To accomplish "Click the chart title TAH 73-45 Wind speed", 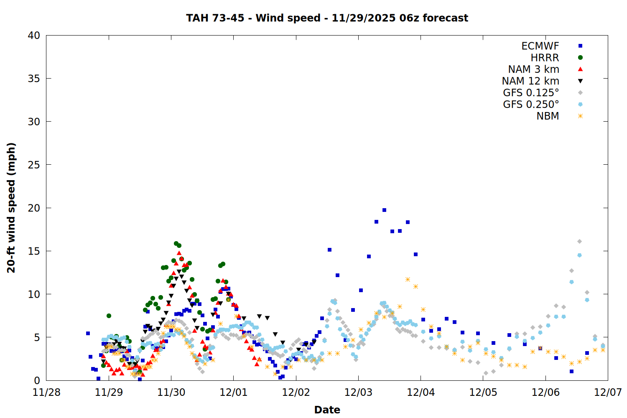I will pos(327,18).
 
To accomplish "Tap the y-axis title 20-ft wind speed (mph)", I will pos(11,208).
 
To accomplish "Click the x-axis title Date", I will pos(327,410).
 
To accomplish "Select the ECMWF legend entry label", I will pos(540,46).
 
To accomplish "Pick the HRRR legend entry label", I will pos(545,58).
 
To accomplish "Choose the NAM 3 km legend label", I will pos(533,69).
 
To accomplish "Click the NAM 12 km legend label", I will pos(530,81).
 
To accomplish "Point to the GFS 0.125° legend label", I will pos(531,93).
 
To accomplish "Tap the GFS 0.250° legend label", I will pos(531,104).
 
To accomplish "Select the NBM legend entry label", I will pos(548,116).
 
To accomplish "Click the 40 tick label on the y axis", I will pos(34,36).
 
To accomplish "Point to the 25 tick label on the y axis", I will pos(34,165).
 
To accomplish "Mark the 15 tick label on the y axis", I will pos(34,251).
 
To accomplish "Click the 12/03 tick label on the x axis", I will pos(358,393).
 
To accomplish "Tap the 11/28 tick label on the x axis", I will pos(46,393).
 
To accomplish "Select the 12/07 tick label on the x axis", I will pos(608,393).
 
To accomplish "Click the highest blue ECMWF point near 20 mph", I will pos(384,210).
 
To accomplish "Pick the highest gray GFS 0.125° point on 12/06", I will pos(579,241).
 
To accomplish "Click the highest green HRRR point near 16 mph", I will pos(176,243).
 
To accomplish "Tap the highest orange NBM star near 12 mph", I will pos(408,279).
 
